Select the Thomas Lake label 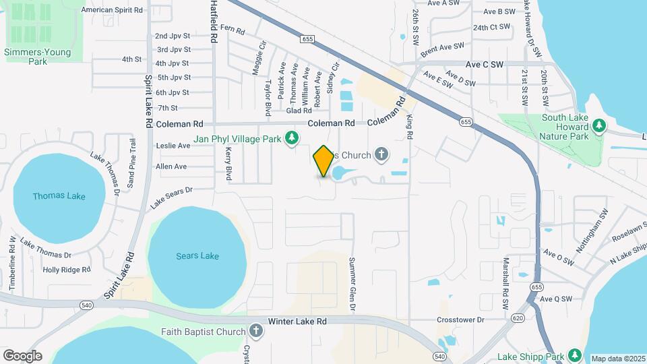(x=59, y=196)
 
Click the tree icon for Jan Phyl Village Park (x=291, y=138)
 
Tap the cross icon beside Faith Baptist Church (x=255, y=331)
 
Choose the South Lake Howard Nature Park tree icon (x=598, y=126)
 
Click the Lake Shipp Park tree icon (x=574, y=355)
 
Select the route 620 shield (x=518, y=318)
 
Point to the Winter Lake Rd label (x=297, y=322)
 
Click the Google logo (x=22, y=355)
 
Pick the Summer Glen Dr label (x=352, y=284)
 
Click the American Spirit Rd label (x=112, y=10)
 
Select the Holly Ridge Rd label (x=67, y=270)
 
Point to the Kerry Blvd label (x=228, y=164)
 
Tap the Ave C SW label (x=485, y=65)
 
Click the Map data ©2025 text (x=618, y=359)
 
